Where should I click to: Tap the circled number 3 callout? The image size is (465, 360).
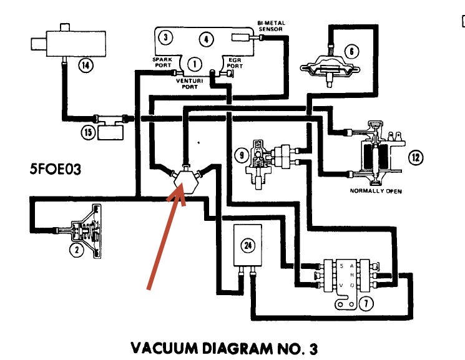coord(165,37)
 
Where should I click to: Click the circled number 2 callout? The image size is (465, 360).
coord(76,251)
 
